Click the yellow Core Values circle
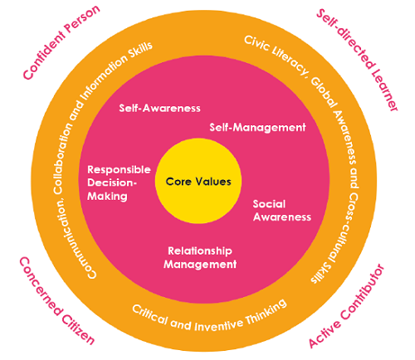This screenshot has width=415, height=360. click(x=198, y=181)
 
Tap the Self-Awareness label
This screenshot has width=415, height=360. click(x=159, y=108)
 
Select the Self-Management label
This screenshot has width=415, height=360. click(x=257, y=127)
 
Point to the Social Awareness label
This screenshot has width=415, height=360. click(x=282, y=211)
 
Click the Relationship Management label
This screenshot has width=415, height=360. click(x=200, y=257)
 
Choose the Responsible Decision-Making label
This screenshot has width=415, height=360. click(x=119, y=182)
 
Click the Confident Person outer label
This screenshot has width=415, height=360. click(x=61, y=42)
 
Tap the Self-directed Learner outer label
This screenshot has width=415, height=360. click(x=358, y=60)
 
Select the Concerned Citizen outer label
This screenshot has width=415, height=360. click(x=56, y=301)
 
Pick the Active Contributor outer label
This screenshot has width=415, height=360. click(x=346, y=306)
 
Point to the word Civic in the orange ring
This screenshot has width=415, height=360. click(x=256, y=43)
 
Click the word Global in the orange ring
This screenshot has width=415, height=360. click(x=324, y=92)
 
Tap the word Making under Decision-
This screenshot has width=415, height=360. click(x=107, y=197)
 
